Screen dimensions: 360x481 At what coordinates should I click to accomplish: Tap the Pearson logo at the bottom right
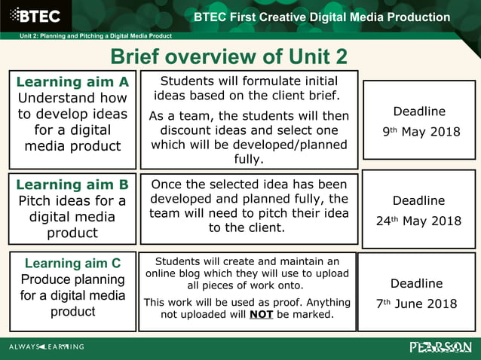tap(440, 346)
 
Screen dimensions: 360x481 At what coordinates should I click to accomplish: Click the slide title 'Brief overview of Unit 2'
tap(229, 56)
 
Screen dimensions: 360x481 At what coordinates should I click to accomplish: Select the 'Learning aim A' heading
tap(72, 81)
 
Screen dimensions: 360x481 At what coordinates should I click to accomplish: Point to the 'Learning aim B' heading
tap(72, 185)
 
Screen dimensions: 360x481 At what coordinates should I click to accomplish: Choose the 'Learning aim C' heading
tap(72, 263)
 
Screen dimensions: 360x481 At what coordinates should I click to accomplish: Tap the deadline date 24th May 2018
tap(418, 221)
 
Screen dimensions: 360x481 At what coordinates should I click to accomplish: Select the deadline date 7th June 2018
tap(417, 304)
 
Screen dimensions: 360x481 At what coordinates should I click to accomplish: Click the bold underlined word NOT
tap(262, 314)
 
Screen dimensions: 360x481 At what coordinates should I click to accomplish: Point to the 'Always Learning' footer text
tap(47, 347)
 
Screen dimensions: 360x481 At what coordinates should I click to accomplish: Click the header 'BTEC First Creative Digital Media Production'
tap(321, 17)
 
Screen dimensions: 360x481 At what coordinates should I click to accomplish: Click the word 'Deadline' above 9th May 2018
tap(419, 111)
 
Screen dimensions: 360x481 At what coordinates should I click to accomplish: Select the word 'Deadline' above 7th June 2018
tap(416, 284)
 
